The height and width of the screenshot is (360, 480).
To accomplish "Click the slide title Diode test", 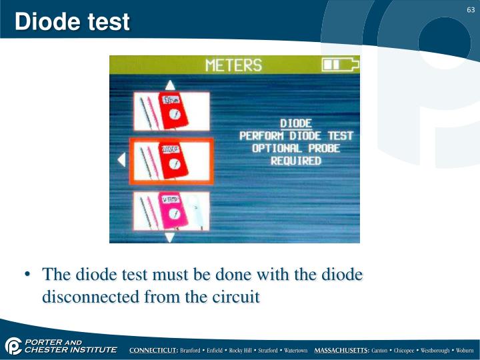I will [x=72, y=22].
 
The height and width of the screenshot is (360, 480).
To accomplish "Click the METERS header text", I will [x=233, y=65].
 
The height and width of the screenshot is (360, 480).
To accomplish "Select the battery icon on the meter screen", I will [x=340, y=64].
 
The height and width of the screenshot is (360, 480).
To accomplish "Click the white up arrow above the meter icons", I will [x=170, y=85].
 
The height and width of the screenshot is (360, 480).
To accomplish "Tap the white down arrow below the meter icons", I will [x=170, y=236].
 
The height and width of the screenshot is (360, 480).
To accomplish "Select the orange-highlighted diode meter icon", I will [x=171, y=161].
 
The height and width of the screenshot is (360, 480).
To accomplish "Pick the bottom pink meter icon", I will [x=171, y=211].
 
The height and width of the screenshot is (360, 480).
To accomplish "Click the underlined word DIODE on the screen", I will [x=296, y=123].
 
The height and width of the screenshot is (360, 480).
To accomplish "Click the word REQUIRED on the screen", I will [x=296, y=161].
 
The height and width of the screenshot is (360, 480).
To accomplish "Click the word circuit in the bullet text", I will [x=235, y=297].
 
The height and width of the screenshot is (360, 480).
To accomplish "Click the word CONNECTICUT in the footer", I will [x=153, y=350].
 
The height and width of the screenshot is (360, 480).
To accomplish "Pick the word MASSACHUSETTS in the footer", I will [x=341, y=350].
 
